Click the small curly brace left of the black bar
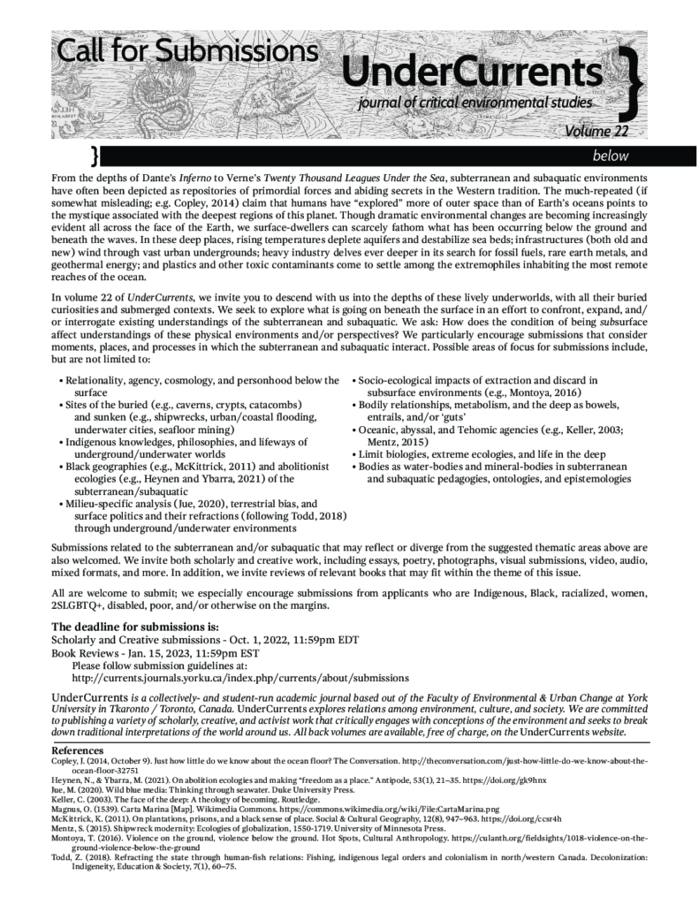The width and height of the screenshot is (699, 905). pyautogui.click(x=95, y=156)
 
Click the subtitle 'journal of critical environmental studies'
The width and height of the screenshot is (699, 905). pyautogui.click(x=475, y=104)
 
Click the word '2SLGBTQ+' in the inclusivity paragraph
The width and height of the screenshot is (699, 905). pyautogui.click(x=80, y=607)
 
